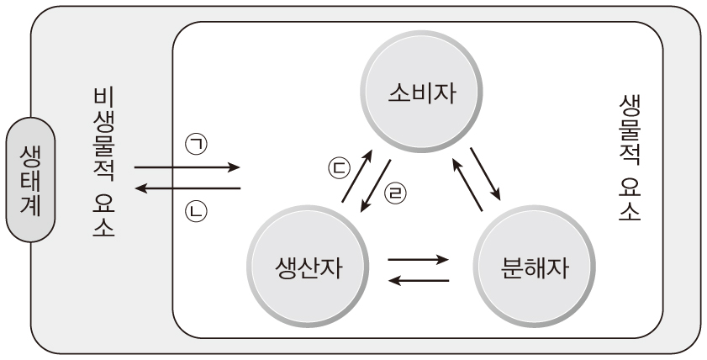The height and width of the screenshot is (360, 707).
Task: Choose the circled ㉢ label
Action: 336,168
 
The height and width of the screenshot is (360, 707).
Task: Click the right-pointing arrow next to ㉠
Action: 187,168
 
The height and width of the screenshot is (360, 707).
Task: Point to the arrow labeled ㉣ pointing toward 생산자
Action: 376,183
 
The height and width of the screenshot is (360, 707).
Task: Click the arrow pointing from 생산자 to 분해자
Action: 418,259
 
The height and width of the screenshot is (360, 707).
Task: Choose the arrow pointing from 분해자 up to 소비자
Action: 467,183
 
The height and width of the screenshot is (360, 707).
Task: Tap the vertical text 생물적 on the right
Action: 629,127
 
